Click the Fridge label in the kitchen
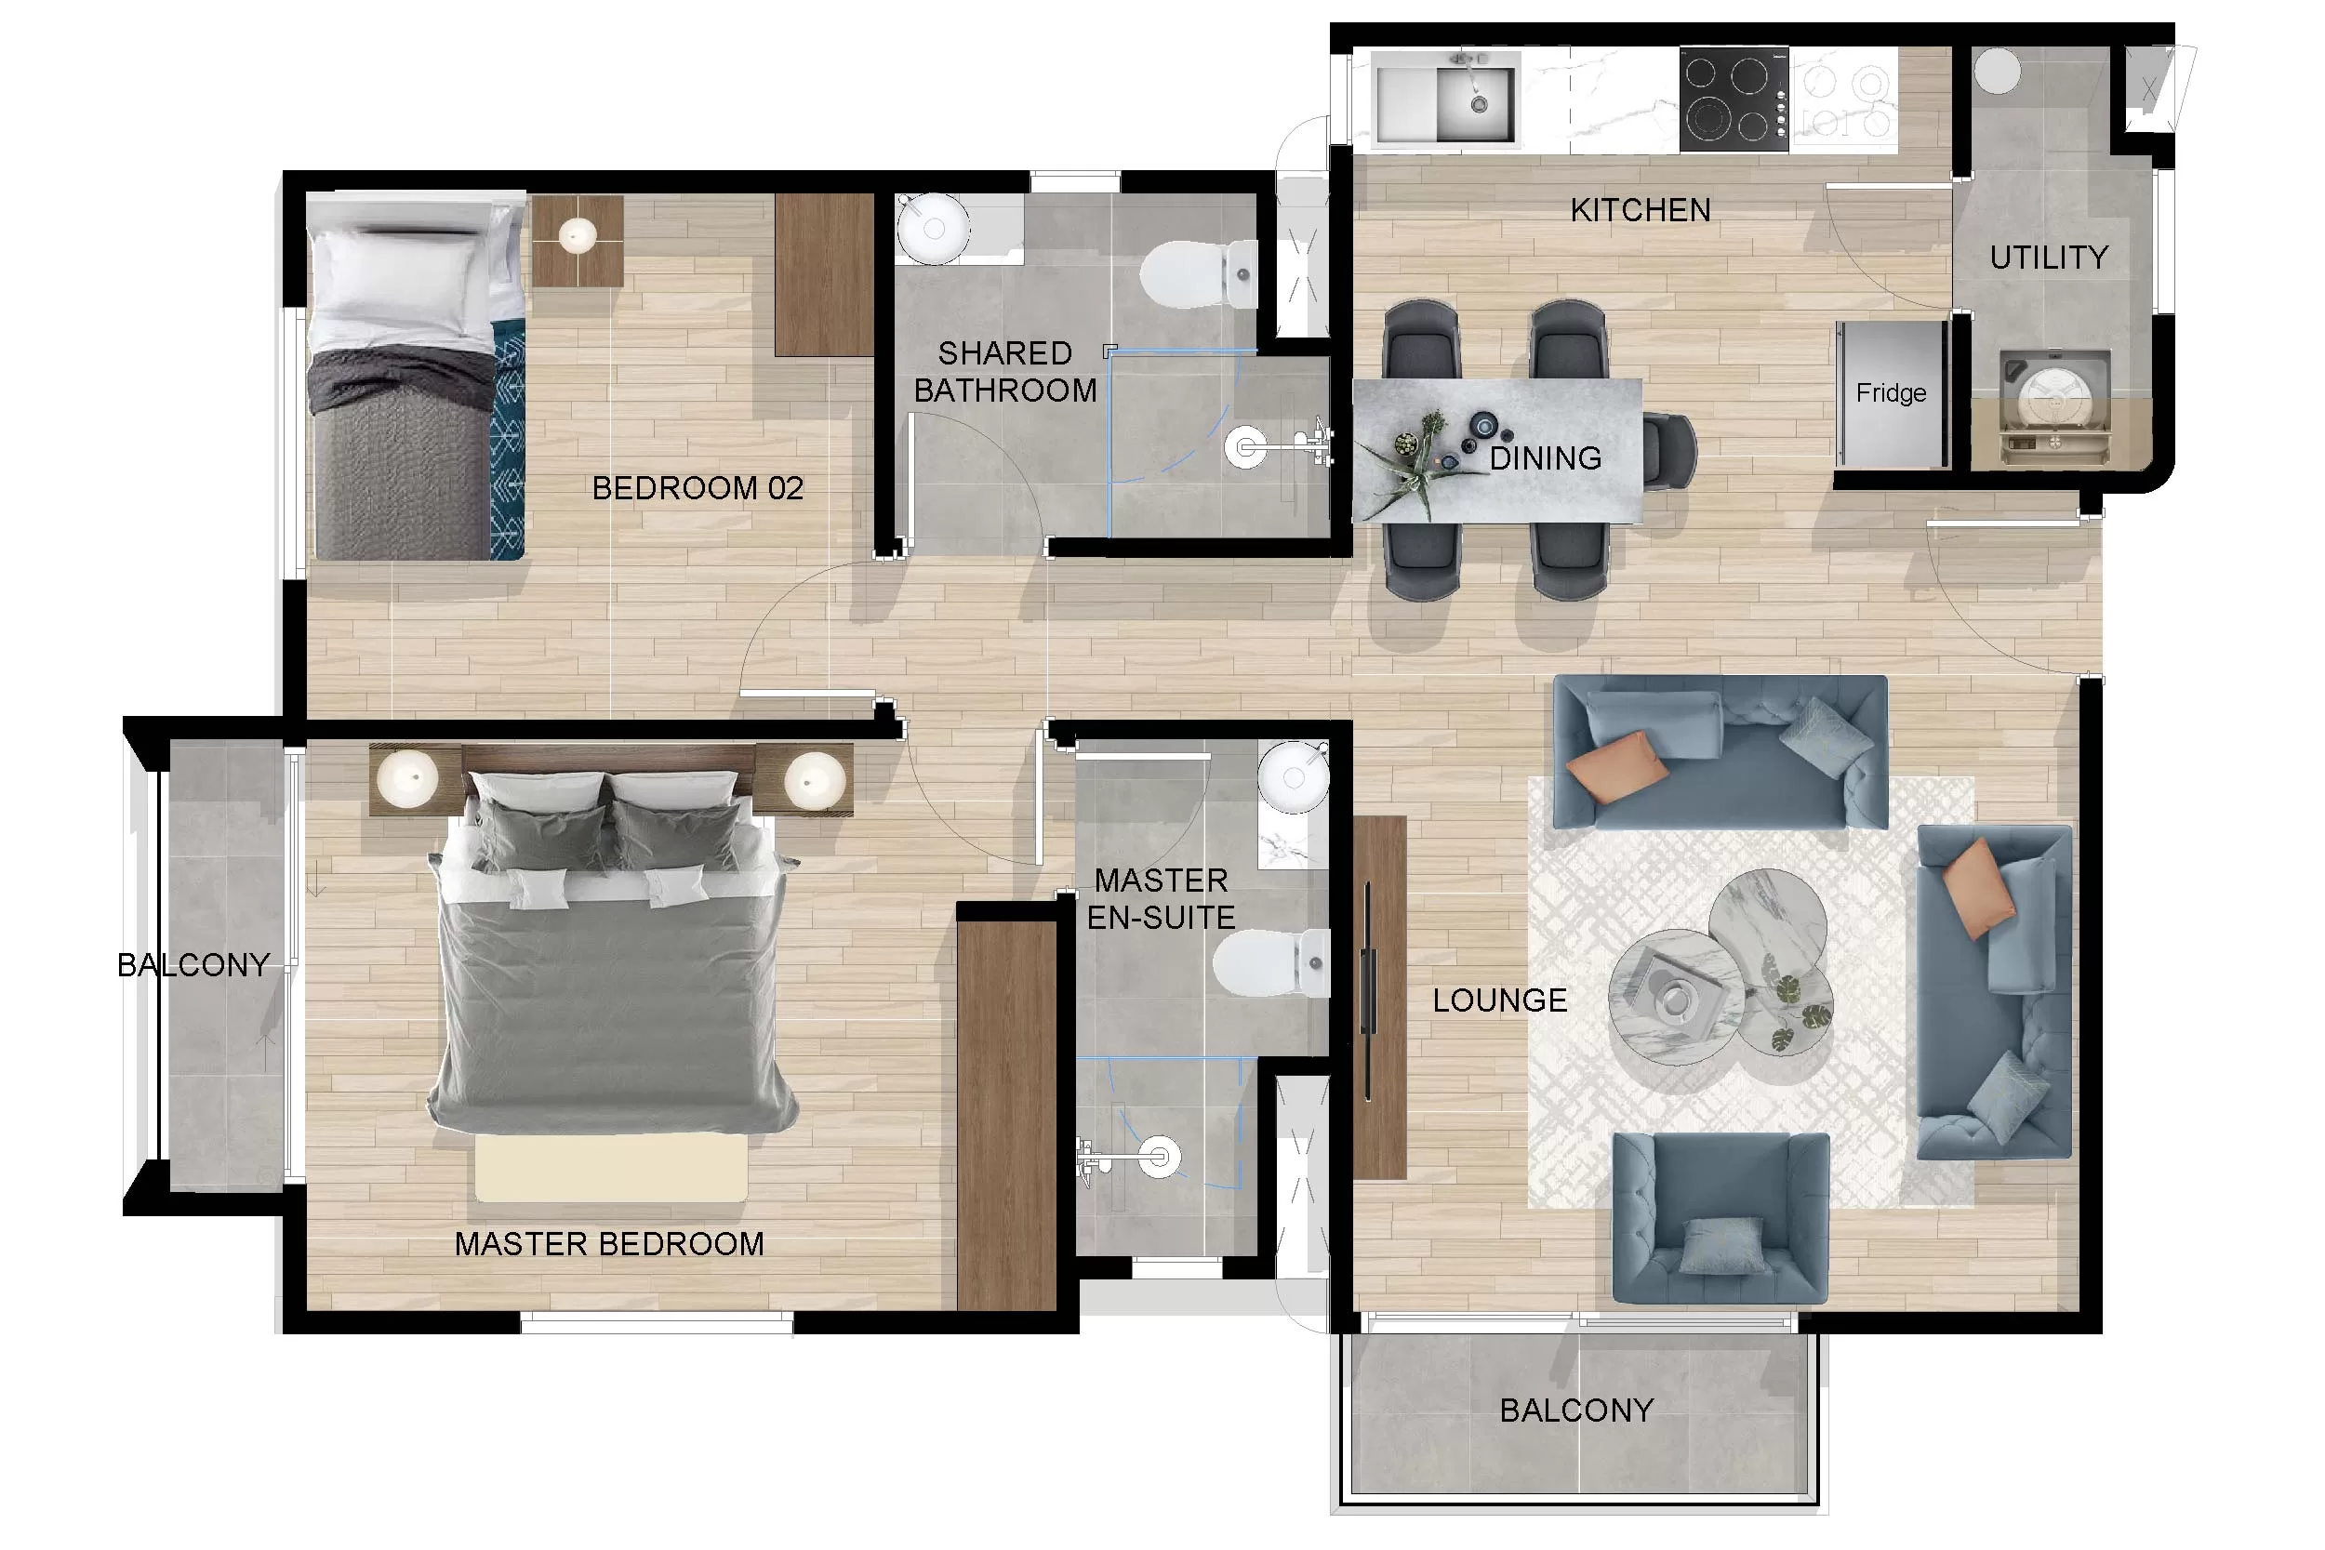pyautogui.click(x=1890, y=393)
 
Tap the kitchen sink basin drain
pyautogui.click(x=1479, y=104)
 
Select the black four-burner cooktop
pyautogui.click(x=1733, y=99)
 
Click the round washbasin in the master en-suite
pyautogui.click(x=1293, y=778)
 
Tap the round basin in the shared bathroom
pyautogui.click(x=932, y=229)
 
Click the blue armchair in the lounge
pyautogui.click(x=1720, y=1218)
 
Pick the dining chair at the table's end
pyautogui.click(x=1670, y=452)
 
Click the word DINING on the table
pyautogui.click(x=1545, y=458)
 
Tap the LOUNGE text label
pyautogui.click(x=1499, y=1000)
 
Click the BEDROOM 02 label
pyautogui.click(x=697, y=488)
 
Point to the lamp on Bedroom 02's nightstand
pyautogui.click(x=578, y=235)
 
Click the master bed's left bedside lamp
pyautogui.click(x=407, y=777)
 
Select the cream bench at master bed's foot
pyautogui.click(x=611, y=1169)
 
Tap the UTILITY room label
pyautogui.click(x=2048, y=258)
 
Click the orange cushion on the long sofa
pyautogui.click(x=1614, y=765)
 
